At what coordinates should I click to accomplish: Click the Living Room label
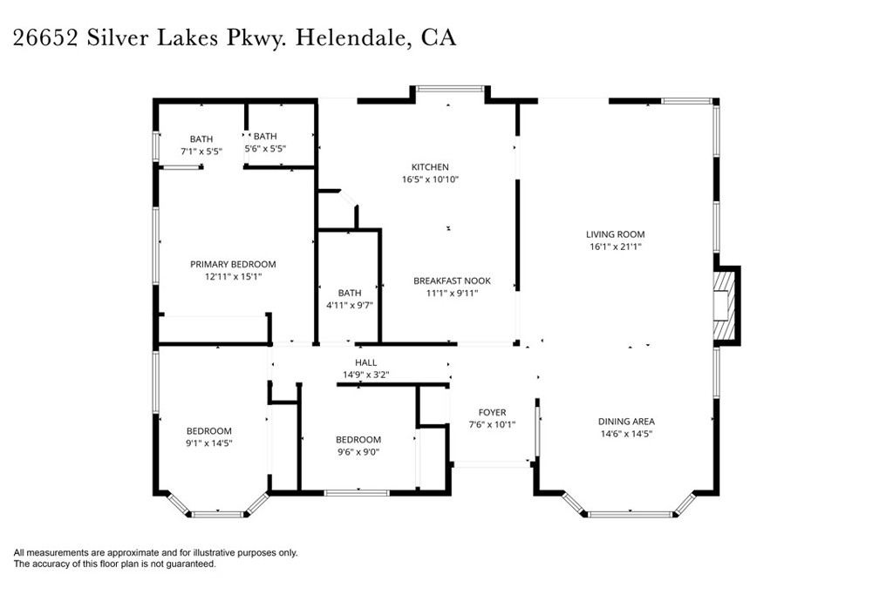pyautogui.click(x=615, y=234)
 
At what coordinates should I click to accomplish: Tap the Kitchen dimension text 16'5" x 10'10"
pyautogui.click(x=430, y=179)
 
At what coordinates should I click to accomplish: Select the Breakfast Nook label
pyautogui.click(x=452, y=281)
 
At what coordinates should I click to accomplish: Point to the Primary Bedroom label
pyautogui.click(x=233, y=264)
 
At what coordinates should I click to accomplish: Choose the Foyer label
pyautogui.click(x=492, y=413)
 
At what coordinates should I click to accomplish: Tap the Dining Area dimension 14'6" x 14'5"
pyautogui.click(x=626, y=434)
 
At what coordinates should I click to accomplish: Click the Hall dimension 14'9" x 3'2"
pyautogui.click(x=365, y=375)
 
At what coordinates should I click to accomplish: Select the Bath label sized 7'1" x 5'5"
pyautogui.click(x=201, y=139)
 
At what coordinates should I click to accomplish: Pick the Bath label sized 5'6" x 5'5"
pyautogui.click(x=265, y=137)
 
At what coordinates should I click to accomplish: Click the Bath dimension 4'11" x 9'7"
pyautogui.click(x=349, y=305)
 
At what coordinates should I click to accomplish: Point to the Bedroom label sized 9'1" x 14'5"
pyautogui.click(x=208, y=431)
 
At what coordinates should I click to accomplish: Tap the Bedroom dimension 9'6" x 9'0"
pyautogui.click(x=358, y=452)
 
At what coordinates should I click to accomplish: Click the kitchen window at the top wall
pyautogui.click(x=449, y=88)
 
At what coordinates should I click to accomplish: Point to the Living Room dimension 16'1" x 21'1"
pyautogui.click(x=615, y=247)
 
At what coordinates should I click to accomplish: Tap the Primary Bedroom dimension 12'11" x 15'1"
pyautogui.click(x=233, y=276)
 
